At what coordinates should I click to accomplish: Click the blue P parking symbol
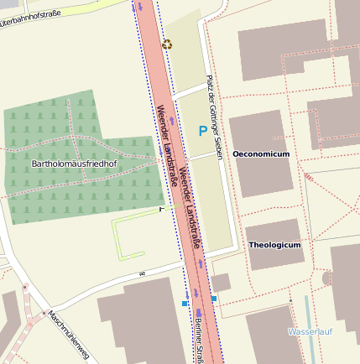coord(202,131)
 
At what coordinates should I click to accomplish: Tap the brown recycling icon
coord(167,44)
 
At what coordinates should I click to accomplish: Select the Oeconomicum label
coord(261,154)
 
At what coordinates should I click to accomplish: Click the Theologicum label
coord(274,245)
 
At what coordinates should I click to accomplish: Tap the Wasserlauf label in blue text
coord(310,332)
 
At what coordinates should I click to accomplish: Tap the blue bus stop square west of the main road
coord(185,304)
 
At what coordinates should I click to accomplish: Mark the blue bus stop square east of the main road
coord(214,298)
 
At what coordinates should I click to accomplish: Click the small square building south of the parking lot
coord(221,283)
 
